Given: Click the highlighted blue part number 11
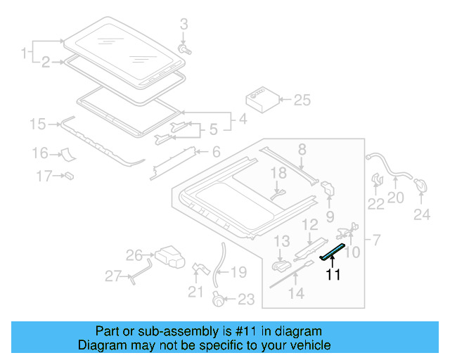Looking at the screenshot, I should (333, 252).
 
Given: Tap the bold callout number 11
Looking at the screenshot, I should (333, 275).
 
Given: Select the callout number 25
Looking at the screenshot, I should (301, 101).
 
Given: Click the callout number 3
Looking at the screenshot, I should (184, 25).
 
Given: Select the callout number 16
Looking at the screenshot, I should (39, 153).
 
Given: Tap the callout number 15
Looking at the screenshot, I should (37, 125).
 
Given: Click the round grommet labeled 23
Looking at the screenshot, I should (219, 300).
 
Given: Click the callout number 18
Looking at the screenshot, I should (279, 173).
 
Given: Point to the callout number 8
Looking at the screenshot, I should (302, 149).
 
